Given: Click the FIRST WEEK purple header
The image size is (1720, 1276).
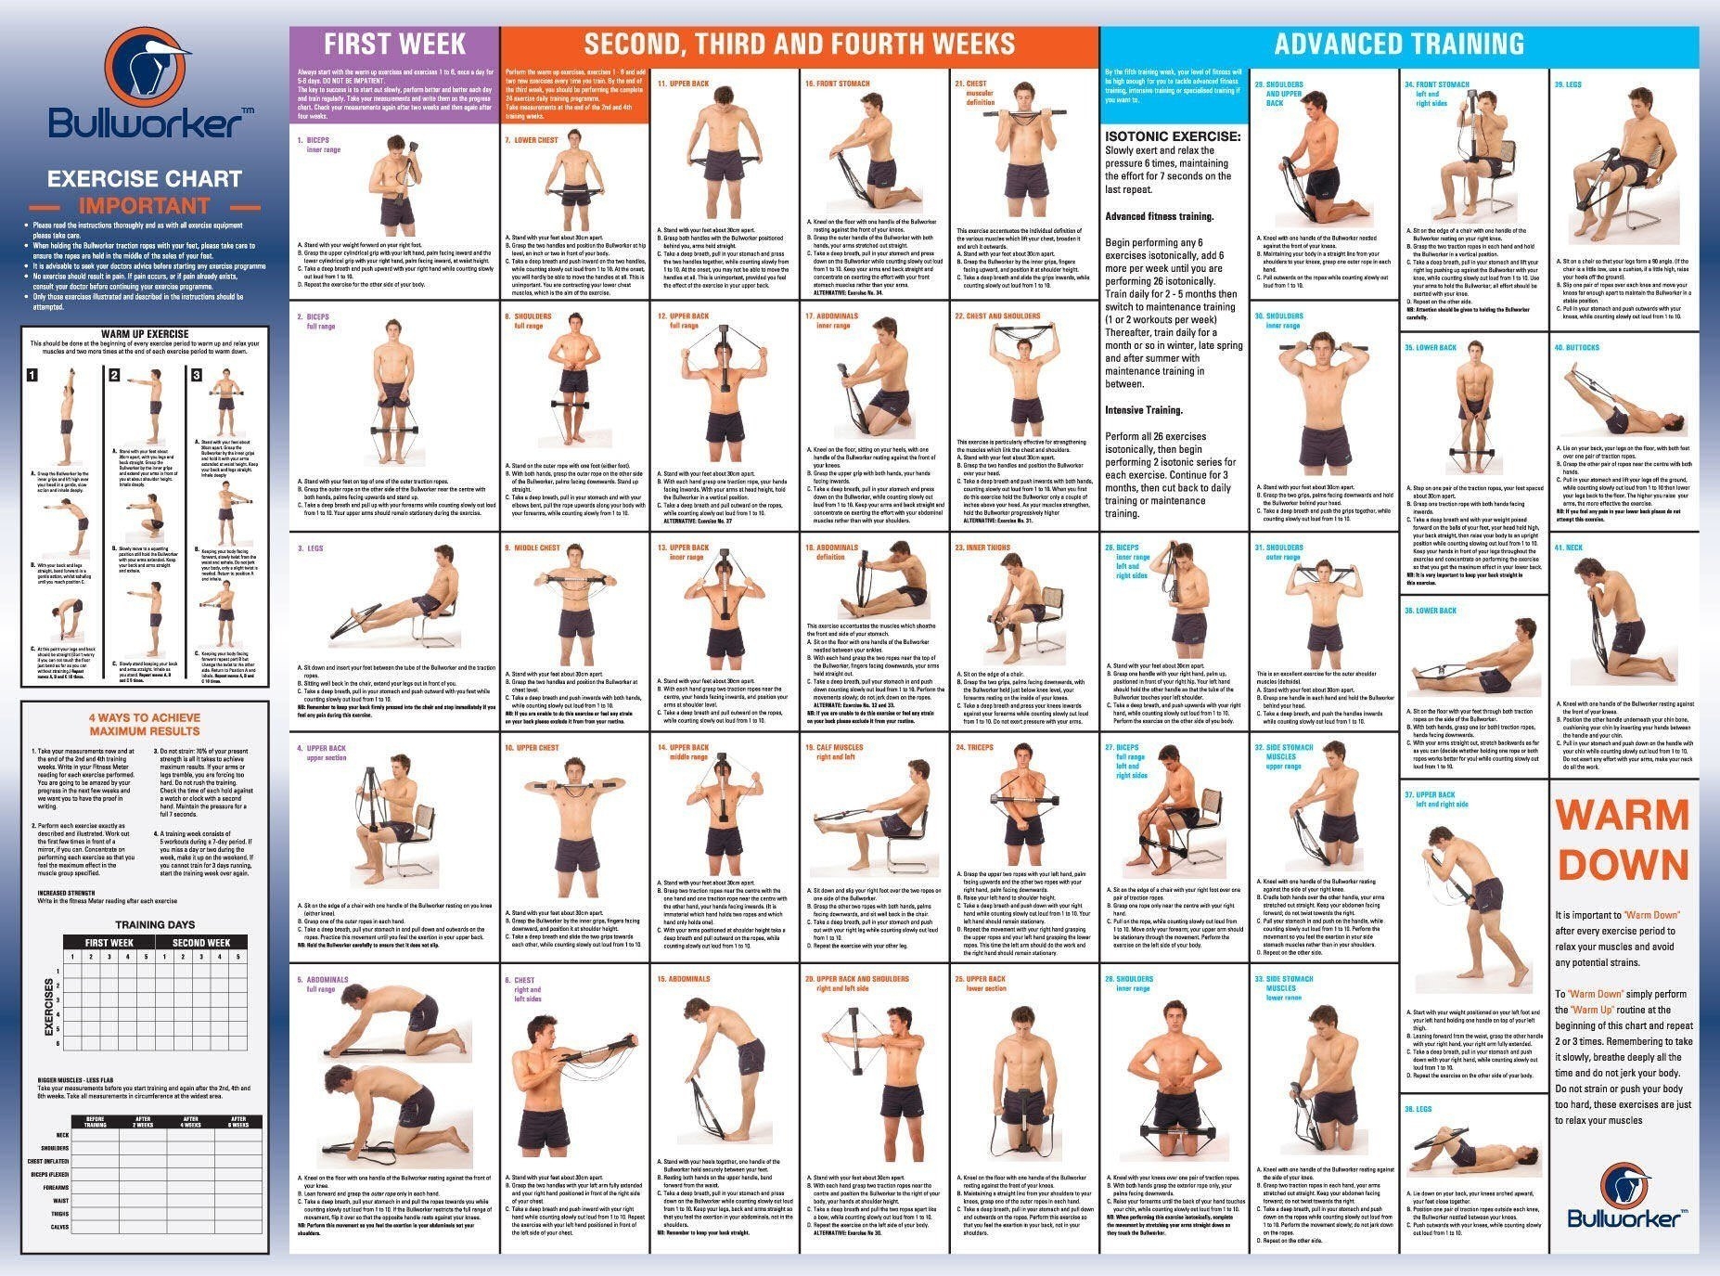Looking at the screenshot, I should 394,44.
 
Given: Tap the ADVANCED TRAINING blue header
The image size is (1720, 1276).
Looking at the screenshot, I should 1399,44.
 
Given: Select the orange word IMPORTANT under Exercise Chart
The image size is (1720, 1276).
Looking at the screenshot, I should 144,206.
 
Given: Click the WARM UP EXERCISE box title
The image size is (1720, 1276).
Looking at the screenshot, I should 145,334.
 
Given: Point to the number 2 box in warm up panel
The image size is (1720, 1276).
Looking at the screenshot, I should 114,375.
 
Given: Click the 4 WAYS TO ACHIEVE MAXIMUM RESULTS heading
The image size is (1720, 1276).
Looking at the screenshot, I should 145,724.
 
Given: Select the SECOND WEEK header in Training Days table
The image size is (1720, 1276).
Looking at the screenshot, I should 201,942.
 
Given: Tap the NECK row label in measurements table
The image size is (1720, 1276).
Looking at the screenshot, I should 62,1135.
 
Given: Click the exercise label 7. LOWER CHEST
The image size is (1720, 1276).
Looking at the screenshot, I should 532,140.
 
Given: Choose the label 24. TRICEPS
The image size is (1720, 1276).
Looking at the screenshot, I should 974,747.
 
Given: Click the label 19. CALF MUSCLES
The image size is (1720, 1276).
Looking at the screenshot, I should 833,747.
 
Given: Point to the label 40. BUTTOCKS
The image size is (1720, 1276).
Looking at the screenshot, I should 1577,347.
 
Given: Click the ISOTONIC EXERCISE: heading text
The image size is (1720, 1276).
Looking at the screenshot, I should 1173,136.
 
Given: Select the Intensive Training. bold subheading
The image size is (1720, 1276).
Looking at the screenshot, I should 1144,410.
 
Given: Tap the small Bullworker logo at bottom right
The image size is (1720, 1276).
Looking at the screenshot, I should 1625,1197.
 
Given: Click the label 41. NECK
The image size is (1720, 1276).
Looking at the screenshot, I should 1569,548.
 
